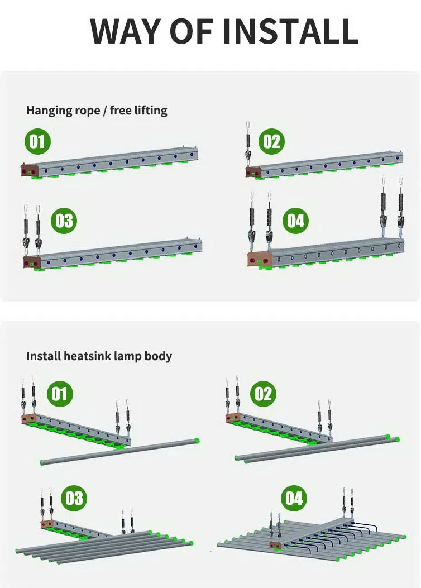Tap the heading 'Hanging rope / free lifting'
coord(97,110)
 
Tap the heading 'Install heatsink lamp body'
coord(99,356)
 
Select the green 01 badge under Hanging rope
coord(37,141)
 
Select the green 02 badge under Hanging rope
coord(271,141)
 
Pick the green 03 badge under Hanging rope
coord(64,221)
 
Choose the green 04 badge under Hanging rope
coord(295,221)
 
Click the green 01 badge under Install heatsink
coord(59,394)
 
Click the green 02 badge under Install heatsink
coord(263,394)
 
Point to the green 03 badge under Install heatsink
coord(74,497)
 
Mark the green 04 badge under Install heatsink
coord(294,497)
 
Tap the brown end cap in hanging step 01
coord(28,169)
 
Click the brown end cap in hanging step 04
coord(260,260)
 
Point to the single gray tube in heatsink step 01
coord(120,451)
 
